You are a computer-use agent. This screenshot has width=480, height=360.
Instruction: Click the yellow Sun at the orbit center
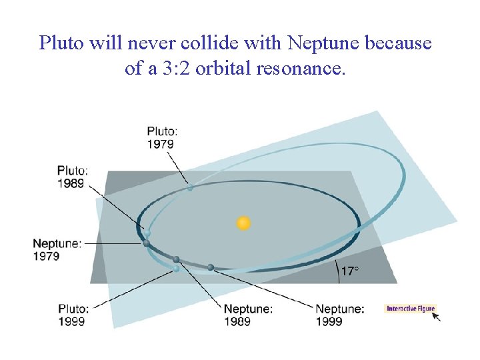click(x=244, y=223)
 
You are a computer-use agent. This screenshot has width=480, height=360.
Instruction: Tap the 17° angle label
click(x=350, y=271)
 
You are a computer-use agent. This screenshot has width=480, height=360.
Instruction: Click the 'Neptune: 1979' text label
click(x=57, y=250)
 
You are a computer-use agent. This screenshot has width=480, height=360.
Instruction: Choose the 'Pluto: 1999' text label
click(x=73, y=315)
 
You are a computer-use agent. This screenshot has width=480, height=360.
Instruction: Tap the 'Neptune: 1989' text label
click(x=248, y=315)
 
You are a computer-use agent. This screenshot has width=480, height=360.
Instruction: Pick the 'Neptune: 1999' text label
click(x=339, y=315)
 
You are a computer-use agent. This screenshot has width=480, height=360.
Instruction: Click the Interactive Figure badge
click(x=410, y=308)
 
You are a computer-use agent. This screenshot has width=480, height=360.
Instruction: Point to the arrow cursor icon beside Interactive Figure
click(x=437, y=317)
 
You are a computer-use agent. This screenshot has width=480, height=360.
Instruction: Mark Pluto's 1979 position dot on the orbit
click(x=190, y=188)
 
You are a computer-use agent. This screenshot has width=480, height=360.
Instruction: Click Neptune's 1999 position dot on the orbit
click(x=211, y=267)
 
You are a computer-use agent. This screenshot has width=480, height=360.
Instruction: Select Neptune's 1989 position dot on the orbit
click(x=176, y=259)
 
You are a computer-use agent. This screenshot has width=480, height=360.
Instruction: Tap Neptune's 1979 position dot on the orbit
click(x=146, y=243)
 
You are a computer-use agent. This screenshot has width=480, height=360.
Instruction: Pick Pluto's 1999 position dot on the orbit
click(x=176, y=268)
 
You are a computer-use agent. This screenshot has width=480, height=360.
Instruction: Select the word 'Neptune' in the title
click(x=322, y=44)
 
